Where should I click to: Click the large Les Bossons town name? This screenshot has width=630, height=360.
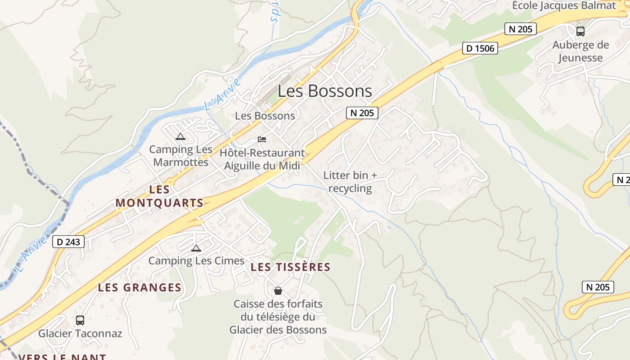pyautogui.click(x=325, y=91)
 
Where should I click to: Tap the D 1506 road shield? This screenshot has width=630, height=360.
pyautogui.click(x=480, y=48)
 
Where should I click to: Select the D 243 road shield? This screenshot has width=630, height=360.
pyautogui.click(x=69, y=242)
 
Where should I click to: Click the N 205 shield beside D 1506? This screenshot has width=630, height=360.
pyautogui.click(x=521, y=29)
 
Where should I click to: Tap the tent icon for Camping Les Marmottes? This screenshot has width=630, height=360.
pyautogui.click(x=180, y=137)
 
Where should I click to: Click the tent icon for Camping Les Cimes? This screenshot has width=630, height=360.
pyautogui.click(x=196, y=248)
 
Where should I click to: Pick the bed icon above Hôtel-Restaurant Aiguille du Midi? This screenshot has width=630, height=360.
pyautogui.click(x=262, y=139)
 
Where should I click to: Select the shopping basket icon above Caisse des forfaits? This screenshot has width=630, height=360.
pyautogui.click(x=278, y=291)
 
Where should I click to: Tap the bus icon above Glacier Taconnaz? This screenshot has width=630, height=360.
pyautogui.click(x=80, y=320)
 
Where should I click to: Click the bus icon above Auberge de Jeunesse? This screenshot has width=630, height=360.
pyautogui.click(x=580, y=31)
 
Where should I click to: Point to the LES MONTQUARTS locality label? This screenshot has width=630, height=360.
pyautogui.click(x=160, y=196)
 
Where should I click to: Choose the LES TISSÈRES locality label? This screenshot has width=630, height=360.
pyautogui.click(x=290, y=267)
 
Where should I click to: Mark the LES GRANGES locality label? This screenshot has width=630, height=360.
pyautogui.click(x=139, y=287)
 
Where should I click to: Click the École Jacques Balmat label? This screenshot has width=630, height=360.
pyautogui.click(x=564, y=5)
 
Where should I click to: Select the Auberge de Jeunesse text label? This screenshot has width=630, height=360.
pyautogui.click(x=580, y=51)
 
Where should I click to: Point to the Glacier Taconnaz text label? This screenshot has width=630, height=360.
pyautogui.click(x=80, y=333)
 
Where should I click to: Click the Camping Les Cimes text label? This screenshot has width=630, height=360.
pyautogui.click(x=196, y=261)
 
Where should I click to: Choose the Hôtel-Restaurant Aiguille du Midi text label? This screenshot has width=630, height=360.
pyautogui.click(x=262, y=159)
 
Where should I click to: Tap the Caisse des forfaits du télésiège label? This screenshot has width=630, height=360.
pyautogui.click(x=278, y=317)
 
